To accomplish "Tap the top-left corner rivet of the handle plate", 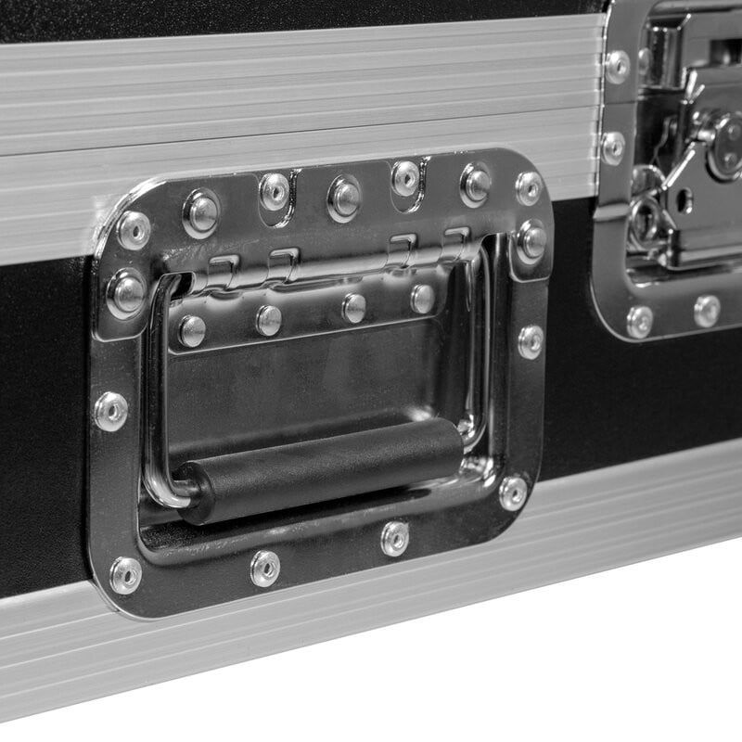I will coord(134,229).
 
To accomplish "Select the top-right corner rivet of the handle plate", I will coord(529,187).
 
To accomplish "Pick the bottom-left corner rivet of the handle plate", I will coord(124,575).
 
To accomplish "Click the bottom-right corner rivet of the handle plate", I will coord(513,493).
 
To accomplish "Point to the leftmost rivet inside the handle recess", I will coord(192,330).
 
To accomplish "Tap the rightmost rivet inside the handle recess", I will coord(422,298).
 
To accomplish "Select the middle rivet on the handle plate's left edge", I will coord(110,411).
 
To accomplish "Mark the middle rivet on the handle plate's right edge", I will coord(531,340).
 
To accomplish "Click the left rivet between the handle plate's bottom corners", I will coord(265,568).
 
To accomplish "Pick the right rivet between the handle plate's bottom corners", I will coord(395,538).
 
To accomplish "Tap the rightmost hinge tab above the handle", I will coord(454,243).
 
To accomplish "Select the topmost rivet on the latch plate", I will coord(615,66).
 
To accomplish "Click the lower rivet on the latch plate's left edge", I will coord(613,147).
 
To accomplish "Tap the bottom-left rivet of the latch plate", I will coord(639,321).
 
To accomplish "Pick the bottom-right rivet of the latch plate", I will coord(707,311).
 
